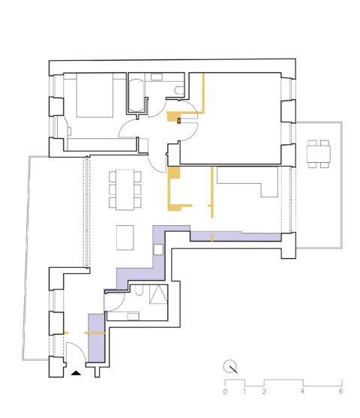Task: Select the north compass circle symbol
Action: pos(231,367)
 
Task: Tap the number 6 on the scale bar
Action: pos(340,391)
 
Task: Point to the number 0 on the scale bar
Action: pos(225,391)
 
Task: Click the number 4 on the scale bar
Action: pos(302,391)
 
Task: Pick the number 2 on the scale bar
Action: pos(264,391)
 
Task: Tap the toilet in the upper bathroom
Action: pos(178,91)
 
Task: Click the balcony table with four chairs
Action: pos(319,153)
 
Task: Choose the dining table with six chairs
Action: pos(124,188)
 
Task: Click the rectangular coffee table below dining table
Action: pos(125,238)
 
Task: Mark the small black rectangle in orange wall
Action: pos(178,119)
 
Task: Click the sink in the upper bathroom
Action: pos(157,77)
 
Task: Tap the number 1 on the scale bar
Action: pos(244,391)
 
